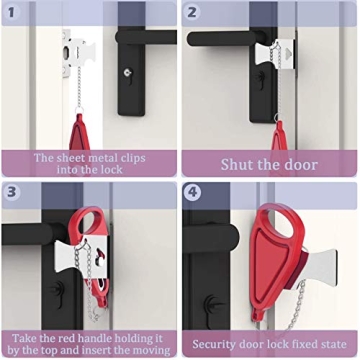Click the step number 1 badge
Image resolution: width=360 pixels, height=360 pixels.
13,13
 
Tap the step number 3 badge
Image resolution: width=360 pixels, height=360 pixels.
13,193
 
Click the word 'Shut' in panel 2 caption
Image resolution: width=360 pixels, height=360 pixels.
237,164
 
